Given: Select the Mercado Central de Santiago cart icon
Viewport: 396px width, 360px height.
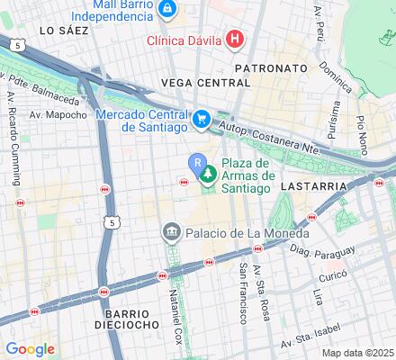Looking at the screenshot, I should pyautogui.click(x=202, y=118).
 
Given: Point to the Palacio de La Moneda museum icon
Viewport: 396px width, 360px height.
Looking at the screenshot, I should pyautogui.click(x=171, y=234).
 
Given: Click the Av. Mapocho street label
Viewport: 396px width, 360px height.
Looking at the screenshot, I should pyautogui.click(x=58, y=114).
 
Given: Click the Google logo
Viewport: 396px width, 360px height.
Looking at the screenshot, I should pyautogui.click(x=30, y=348).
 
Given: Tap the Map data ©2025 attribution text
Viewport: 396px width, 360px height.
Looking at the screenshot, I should pyautogui.click(x=358, y=352).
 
